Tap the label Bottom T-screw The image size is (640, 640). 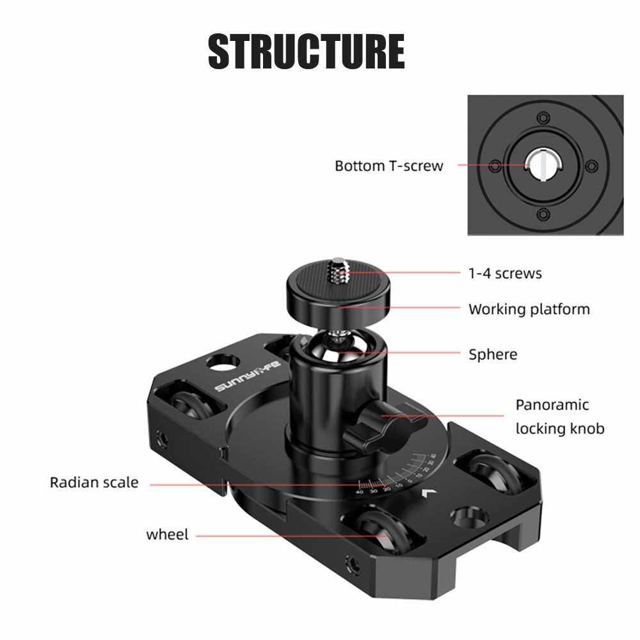388,166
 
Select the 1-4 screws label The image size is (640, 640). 505,273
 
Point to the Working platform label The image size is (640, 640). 529,309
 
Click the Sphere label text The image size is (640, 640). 492,354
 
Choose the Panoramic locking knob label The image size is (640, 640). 559,416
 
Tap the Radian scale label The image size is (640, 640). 94,482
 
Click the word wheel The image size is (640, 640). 167,534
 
